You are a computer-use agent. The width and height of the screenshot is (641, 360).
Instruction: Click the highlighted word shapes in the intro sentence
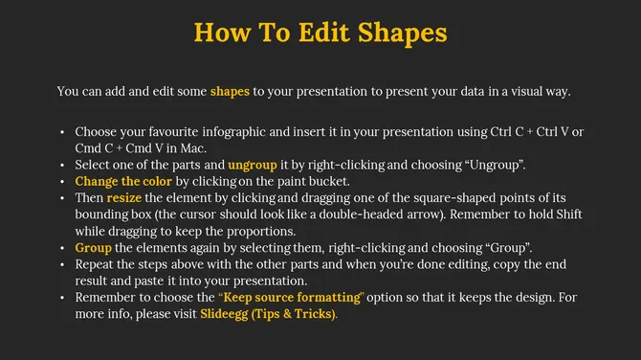[230, 92]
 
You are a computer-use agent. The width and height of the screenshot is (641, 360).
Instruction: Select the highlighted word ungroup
[253, 164]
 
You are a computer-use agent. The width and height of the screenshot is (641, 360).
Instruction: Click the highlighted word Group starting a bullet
[94, 247]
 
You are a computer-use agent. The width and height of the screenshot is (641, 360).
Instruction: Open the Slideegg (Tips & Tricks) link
[268, 313]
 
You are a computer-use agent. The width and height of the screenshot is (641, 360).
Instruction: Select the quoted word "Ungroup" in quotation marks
[495, 164]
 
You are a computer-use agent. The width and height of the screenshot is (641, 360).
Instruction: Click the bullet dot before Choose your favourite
[62, 131]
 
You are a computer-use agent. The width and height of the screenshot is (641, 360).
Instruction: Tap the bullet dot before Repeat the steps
[62, 263]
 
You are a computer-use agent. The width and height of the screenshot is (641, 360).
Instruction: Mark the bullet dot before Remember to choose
[62, 297]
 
